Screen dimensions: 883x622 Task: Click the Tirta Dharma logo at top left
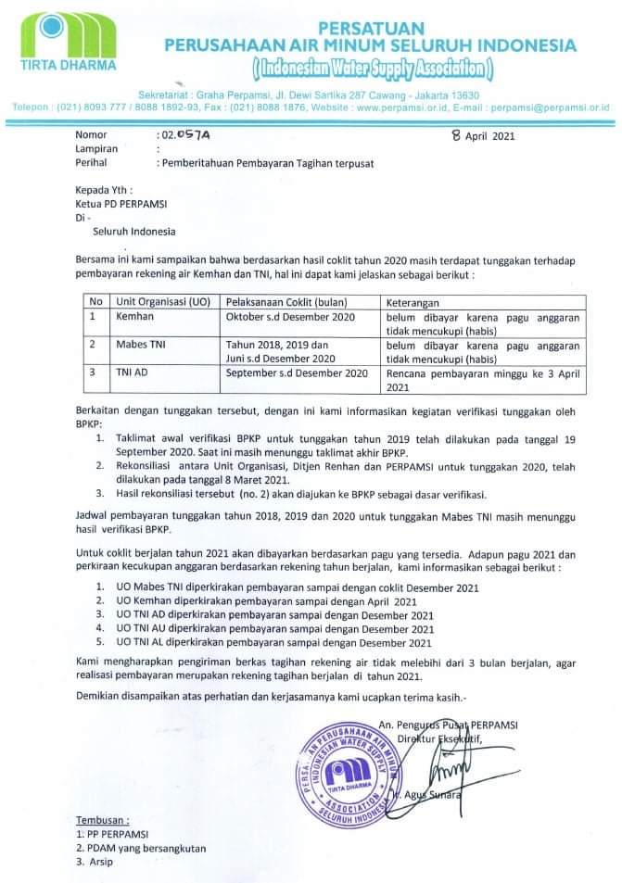click(x=69, y=43)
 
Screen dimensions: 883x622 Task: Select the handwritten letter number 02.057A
click(x=186, y=135)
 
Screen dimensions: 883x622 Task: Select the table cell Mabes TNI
click(x=140, y=345)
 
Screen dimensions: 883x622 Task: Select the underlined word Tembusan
click(x=102, y=821)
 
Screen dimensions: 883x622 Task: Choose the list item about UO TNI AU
click(x=274, y=628)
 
